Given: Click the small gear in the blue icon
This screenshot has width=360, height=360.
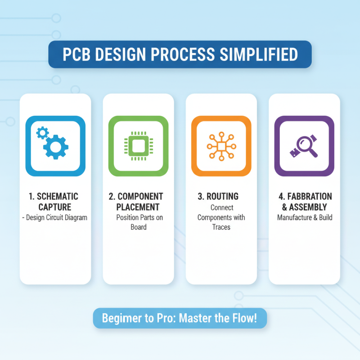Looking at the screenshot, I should pos(42,132).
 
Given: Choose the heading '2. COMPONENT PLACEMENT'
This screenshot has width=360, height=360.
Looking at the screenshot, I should pos(139,202).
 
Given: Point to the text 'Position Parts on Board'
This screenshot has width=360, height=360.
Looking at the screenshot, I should pos(139,222).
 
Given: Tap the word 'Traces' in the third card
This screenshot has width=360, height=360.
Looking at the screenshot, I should pos(221,227).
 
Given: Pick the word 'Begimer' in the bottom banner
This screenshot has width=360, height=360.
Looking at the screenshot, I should pos(120,319).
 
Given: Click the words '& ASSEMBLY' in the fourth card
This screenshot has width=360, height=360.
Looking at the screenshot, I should pos(304,207).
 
